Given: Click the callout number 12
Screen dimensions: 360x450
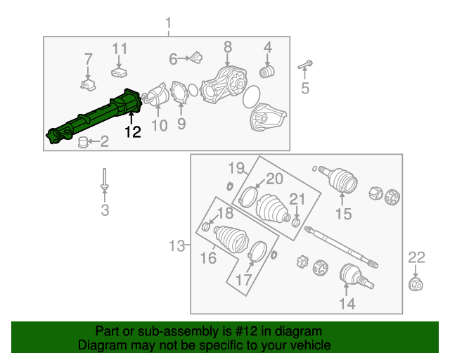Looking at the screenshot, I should [133, 131].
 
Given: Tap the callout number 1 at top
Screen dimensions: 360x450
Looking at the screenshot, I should [168, 26].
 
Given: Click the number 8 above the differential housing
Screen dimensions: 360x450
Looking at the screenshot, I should [227, 48].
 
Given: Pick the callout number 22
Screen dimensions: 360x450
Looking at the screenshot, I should [417, 257].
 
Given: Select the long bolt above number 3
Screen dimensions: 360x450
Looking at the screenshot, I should [104, 177].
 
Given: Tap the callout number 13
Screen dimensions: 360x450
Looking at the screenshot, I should [176, 246].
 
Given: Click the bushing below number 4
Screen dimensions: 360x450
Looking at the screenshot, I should [267, 72].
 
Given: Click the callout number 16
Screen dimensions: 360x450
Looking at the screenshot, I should [207, 258].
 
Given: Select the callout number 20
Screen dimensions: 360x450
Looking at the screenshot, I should [274, 179].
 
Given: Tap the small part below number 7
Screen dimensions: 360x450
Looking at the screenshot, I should [87, 84].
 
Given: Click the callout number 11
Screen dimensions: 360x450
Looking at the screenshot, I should [120, 49].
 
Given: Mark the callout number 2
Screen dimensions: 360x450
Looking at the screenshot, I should [103, 143].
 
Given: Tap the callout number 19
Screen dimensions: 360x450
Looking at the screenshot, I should [235, 167].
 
